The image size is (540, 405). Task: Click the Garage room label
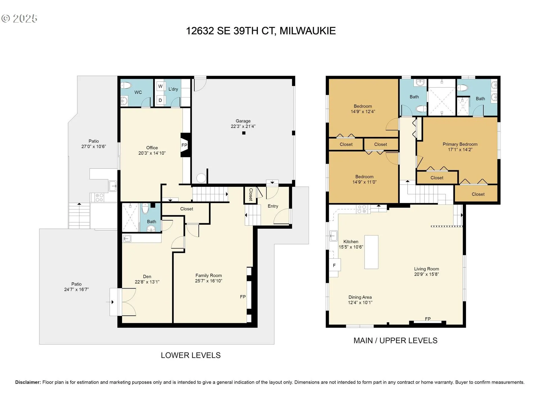coord(243,121)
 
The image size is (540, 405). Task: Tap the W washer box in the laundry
coord(160,86)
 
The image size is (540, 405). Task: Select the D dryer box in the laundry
coord(160,100)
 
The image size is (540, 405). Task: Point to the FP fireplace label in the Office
coord(184,145)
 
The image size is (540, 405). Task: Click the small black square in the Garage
coord(244,133)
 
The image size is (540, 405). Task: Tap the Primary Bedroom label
coord(460,144)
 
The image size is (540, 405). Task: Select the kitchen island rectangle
coord(371,252)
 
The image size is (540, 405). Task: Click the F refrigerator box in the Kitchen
coord(335,265)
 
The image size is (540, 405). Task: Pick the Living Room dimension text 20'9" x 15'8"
coord(426,274)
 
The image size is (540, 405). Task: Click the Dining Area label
coord(360,297)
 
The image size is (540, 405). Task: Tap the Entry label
coord(273,206)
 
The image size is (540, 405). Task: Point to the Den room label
coord(147,277)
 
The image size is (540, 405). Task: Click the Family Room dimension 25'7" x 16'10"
coord(209,281)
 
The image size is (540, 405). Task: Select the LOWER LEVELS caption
coord(191,355)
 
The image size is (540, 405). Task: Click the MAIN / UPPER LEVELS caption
coord(395,341)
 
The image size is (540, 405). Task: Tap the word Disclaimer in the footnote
coord(28,382)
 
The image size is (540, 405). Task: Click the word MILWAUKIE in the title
coord(308,31)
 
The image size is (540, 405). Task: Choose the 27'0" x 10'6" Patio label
coord(94,147)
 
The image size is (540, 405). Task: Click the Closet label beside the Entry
coord(251,195)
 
